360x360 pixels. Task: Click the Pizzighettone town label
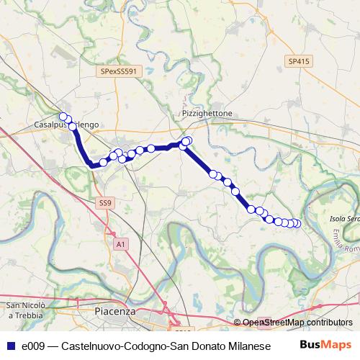pos(205,114)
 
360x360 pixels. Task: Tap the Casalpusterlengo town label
pos(66,125)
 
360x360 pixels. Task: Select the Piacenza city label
pos(114,311)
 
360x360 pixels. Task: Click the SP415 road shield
pos(298,62)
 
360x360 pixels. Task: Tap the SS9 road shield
pos(105,203)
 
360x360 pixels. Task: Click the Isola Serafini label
pos(343,218)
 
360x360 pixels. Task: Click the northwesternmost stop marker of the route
pos(63,117)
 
